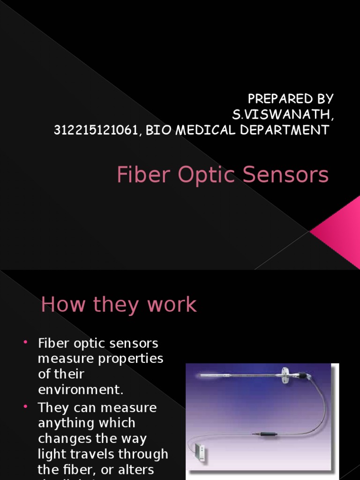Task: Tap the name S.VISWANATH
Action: [282, 114]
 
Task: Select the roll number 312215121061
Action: [96, 130]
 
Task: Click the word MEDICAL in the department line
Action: [203, 130]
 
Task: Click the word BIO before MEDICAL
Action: [158, 130]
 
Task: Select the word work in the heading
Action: [172, 305]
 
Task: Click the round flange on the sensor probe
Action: [285, 374]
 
